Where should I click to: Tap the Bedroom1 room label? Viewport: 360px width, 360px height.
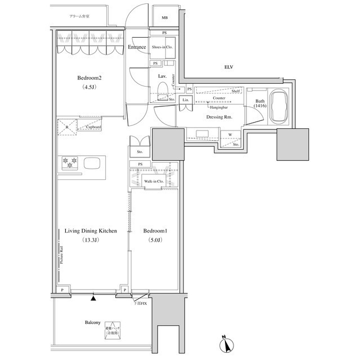pyautogui.click(x=152, y=231)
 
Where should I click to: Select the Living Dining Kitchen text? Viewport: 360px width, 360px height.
pyautogui.click(x=91, y=231)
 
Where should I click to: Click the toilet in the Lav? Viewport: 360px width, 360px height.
pyautogui.click(x=163, y=90)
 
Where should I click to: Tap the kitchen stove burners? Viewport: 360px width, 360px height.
pyautogui.click(x=70, y=163)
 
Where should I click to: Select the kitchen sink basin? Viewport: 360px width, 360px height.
pyautogui.click(x=93, y=163)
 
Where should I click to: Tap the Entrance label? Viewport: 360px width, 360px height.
pyautogui.click(x=137, y=47)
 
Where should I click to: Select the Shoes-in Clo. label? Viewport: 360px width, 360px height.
pyautogui.click(x=163, y=47)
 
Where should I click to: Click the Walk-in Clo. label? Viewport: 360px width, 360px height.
pyautogui.click(x=154, y=182)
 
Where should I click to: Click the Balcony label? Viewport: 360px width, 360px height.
pyautogui.click(x=92, y=323)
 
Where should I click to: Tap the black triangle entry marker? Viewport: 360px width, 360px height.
pyautogui.click(x=93, y=298)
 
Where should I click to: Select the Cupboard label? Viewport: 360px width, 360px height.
pyautogui.click(x=93, y=127)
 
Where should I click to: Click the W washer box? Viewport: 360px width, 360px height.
pyautogui.click(x=231, y=134)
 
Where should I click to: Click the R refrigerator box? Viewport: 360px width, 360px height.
pyautogui.click(x=67, y=127)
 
